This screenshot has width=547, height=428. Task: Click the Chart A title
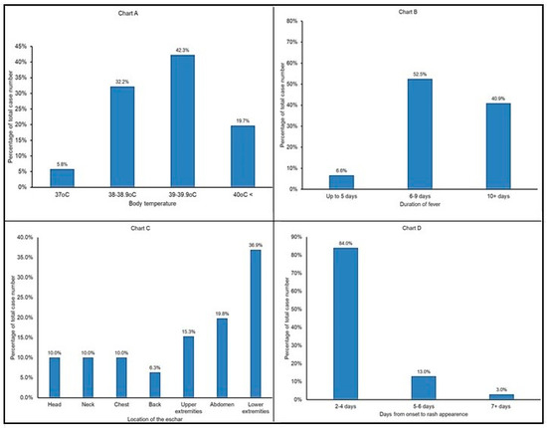point(139,11)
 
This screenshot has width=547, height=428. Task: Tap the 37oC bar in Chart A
point(62,177)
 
